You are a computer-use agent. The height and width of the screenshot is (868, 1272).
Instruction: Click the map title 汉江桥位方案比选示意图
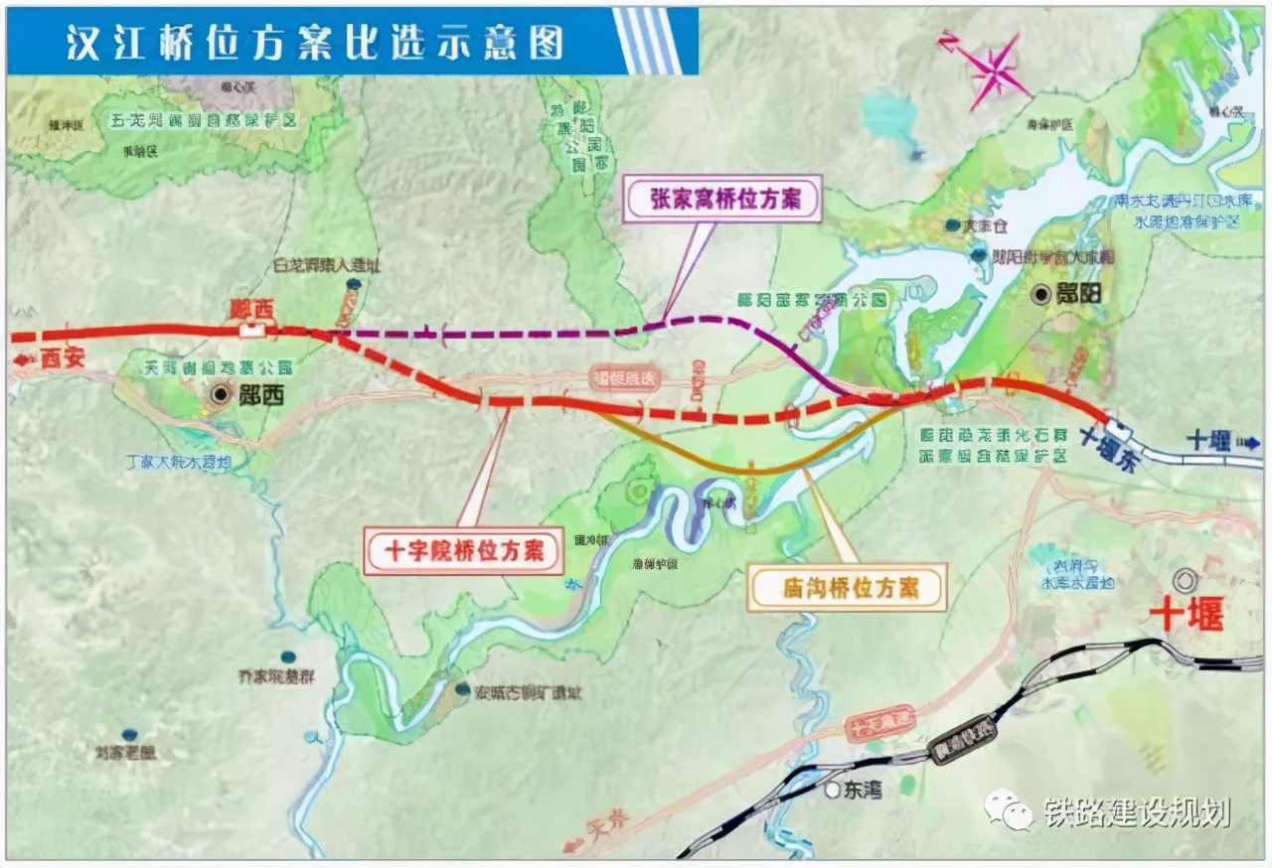[x=315, y=42]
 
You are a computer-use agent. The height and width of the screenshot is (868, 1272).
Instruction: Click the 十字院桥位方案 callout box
[x=463, y=551]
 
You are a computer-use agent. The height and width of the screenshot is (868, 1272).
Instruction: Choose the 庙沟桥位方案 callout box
[x=848, y=587]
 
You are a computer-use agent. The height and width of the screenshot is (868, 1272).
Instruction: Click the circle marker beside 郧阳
[x=1040, y=294]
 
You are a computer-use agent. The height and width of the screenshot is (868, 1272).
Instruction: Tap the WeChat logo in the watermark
[x=1009, y=810]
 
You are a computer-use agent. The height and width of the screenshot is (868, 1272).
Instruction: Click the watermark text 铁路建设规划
[x=1137, y=811]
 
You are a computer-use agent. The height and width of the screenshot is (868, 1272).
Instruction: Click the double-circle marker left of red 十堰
[x=1184, y=579]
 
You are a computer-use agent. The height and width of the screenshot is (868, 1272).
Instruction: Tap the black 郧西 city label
[x=261, y=395]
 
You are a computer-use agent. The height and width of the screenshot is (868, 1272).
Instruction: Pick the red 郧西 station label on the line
[x=251, y=310]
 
